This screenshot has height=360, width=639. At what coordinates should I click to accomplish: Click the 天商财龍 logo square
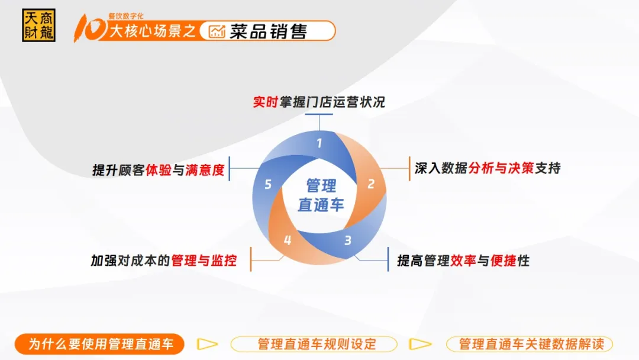38,25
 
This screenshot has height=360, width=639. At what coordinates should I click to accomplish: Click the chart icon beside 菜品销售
217,31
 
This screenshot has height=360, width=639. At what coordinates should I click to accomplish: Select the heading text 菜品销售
268,31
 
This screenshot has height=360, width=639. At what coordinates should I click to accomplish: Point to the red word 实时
265,102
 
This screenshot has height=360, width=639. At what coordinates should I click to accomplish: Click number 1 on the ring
319,143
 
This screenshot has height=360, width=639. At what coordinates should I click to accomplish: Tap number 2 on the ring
371,184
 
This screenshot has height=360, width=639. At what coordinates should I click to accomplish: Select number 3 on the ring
348,240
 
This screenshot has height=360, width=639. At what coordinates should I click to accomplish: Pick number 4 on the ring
288,240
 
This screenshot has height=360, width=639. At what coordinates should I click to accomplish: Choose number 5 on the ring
268,185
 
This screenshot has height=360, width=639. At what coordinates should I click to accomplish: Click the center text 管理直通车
321,195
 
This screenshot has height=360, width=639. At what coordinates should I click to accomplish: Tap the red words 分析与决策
501,168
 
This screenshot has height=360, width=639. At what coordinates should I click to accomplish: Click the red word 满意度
205,170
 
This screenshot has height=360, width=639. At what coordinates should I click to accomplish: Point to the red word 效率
463,261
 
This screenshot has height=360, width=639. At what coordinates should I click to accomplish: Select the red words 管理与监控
204,261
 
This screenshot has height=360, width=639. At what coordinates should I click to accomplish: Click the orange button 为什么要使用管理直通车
99,344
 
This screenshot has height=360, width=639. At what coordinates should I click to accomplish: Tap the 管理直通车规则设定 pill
314,344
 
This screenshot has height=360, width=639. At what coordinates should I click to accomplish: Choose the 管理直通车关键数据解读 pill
530,344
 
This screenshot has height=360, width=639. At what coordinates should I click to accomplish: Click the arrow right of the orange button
207,344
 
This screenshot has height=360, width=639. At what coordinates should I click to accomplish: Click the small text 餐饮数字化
126,17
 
